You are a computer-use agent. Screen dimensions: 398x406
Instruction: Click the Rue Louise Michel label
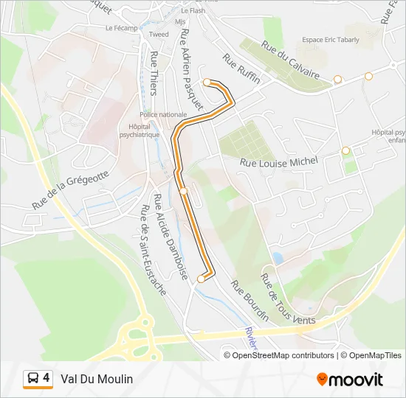[x=279, y=161]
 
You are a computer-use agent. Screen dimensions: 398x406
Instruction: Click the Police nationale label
[x=163, y=114]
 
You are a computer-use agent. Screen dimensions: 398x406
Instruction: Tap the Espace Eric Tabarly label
[x=330, y=40]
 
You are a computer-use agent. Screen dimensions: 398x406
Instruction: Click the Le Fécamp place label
[x=122, y=28]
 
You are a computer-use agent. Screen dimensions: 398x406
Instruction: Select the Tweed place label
[x=159, y=34]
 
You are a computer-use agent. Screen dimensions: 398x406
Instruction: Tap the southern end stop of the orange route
[x=201, y=279]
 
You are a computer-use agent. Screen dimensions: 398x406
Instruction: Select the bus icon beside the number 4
[x=33, y=379]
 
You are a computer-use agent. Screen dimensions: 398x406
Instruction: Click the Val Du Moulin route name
[x=97, y=379]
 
